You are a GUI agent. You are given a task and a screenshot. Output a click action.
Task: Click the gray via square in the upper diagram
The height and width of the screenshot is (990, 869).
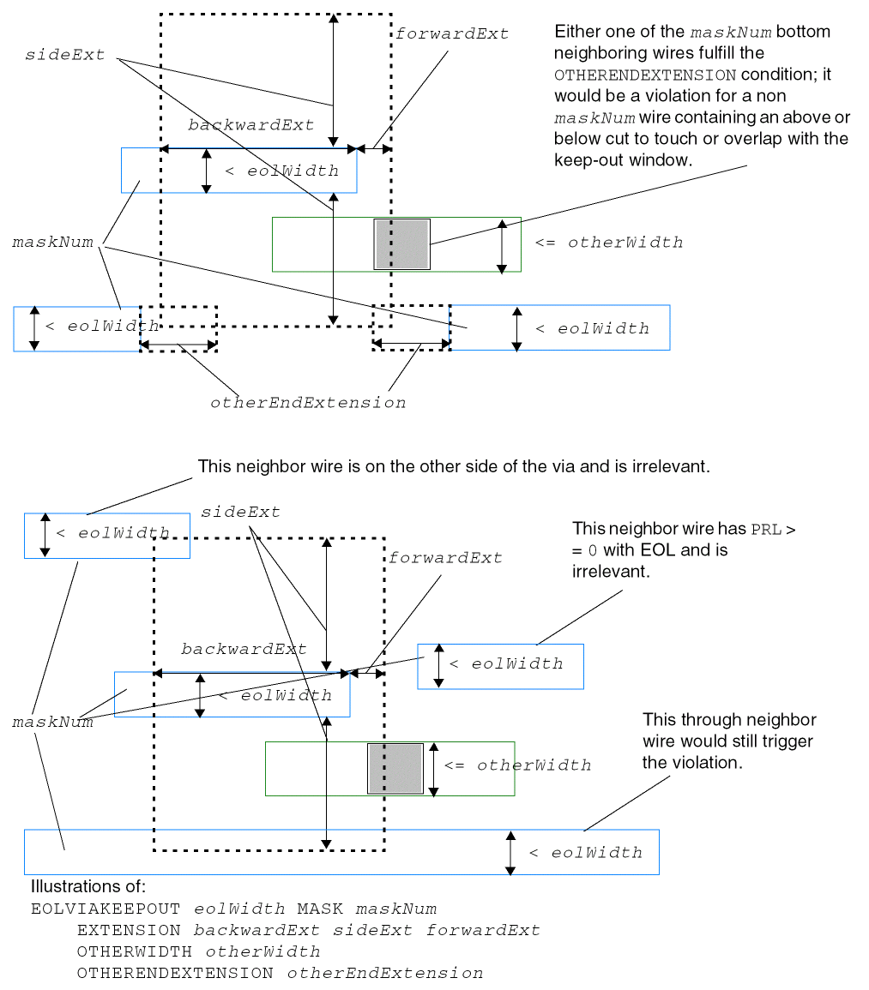point(401,244)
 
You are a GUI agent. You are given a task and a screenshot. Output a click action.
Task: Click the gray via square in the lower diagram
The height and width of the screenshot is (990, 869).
point(395,768)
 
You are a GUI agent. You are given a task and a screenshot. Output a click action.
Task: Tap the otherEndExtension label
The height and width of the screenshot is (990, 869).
point(308,402)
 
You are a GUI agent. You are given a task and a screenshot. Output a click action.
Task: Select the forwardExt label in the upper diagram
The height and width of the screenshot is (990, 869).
point(451,34)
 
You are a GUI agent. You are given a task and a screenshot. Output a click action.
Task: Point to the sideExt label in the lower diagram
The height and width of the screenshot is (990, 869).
point(240,513)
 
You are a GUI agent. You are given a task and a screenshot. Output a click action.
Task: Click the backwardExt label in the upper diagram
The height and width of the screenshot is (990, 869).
point(250,125)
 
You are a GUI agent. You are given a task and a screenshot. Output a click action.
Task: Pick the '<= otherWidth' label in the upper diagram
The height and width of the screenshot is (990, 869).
point(609,243)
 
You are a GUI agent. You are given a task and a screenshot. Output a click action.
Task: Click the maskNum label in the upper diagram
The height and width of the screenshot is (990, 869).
point(52,243)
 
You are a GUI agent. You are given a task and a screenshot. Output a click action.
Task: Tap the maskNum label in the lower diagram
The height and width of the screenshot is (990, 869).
point(52,723)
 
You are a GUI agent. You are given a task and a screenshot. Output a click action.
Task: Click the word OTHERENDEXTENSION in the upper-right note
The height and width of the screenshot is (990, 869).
point(645,75)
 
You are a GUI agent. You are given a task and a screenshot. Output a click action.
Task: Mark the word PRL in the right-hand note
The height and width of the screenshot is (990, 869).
point(766,529)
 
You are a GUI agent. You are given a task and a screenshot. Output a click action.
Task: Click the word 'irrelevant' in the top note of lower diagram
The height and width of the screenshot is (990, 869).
point(674,467)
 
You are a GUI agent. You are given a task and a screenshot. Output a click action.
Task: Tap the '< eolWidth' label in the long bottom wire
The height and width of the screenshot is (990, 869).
point(586,853)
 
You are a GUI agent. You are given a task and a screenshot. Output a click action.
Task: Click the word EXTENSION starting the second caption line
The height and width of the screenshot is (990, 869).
point(129,930)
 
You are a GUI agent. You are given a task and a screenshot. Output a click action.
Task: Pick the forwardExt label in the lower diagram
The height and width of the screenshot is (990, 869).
point(445,558)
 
